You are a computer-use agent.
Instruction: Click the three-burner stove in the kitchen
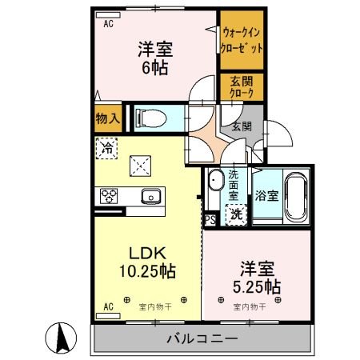pos(110,195)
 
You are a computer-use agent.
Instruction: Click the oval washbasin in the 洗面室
pos(215,181)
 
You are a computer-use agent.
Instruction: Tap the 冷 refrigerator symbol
pos(106,148)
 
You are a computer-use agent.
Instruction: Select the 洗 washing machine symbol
pos(236,214)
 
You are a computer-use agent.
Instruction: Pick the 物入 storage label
pos(107,119)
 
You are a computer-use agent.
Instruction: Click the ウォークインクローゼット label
pos(241,41)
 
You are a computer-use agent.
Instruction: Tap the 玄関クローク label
pos(241,86)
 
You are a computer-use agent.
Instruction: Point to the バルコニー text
pos(202,339)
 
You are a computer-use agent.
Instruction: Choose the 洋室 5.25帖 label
pos(256,276)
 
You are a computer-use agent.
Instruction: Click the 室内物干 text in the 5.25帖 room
pos(248,307)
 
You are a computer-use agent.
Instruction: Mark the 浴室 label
pos(266,196)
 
